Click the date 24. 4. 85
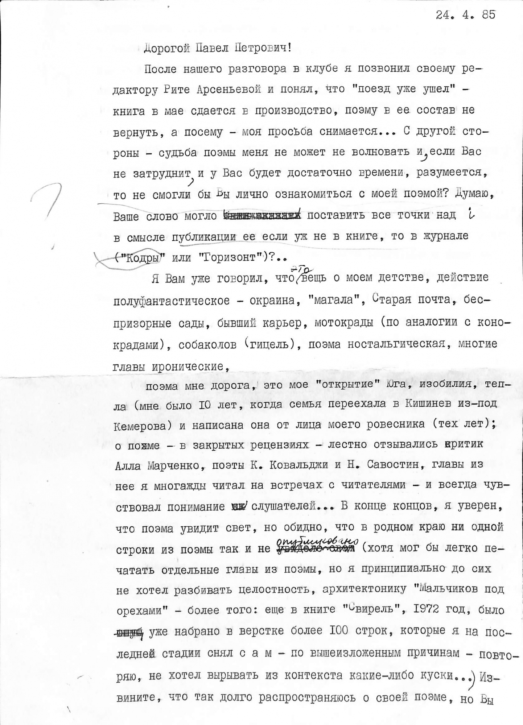pos(465,15)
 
